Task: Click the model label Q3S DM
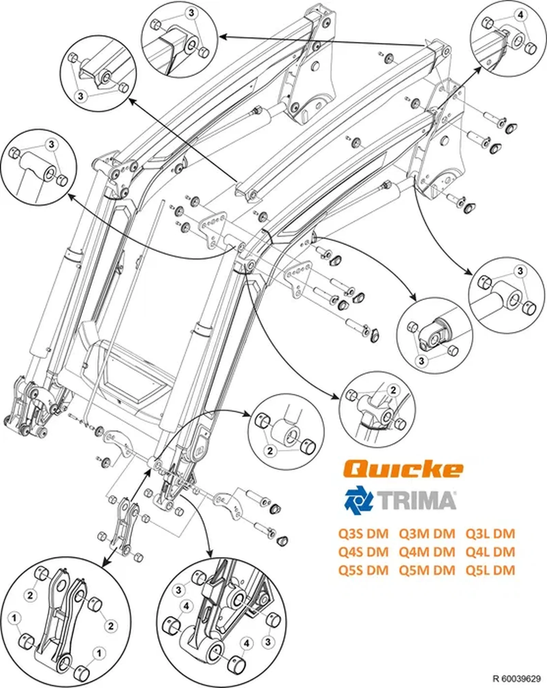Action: (x=363, y=534)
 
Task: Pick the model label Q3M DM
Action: (x=427, y=534)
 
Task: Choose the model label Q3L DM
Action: (x=490, y=534)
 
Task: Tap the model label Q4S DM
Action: (x=363, y=552)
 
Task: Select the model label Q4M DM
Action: (x=427, y=552)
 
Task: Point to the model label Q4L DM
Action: (x=490, y=552)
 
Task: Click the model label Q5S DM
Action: (x=363, y=570)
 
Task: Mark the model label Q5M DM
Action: (x=427, y=570)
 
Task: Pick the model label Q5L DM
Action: (x=490, y=570)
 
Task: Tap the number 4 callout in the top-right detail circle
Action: (x=521, y=15)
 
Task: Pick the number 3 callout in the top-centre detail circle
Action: (x=191, y=13)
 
